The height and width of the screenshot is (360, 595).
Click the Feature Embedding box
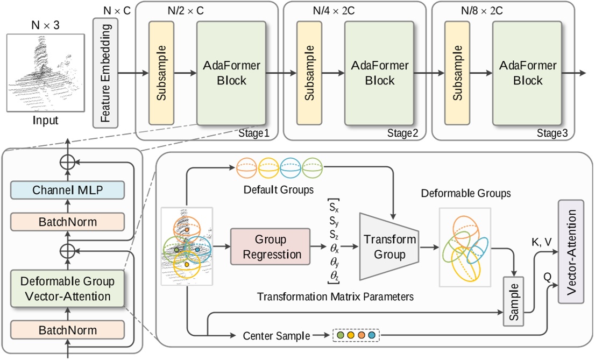click(x=105, y=73)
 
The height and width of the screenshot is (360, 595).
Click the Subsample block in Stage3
click(x=457, y=73)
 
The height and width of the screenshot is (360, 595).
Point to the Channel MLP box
click(x=67, y=189)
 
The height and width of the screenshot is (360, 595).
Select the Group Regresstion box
click(x=270, y=247)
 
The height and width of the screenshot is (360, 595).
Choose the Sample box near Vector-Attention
click(x=514, y=301)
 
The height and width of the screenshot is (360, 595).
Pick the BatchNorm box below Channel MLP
click(x=67, y=221)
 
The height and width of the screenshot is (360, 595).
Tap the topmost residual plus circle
click(x=67, y=160)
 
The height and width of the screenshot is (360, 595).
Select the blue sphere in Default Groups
click(x=291, y=169)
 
